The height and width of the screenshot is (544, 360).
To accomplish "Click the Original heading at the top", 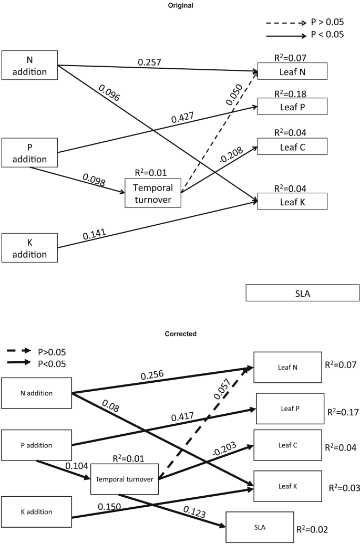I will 180,5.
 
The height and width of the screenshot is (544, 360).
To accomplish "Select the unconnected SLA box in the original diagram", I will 303,293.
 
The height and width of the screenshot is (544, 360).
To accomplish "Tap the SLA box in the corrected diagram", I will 252,527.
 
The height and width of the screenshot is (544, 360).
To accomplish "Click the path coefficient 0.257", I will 150,62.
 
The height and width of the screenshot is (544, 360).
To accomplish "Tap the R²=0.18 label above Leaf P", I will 292,94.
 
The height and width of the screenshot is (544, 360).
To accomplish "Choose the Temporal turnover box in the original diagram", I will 152,193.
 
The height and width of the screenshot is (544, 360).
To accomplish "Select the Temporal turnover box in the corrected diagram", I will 125,479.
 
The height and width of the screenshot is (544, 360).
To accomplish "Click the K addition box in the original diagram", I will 29,248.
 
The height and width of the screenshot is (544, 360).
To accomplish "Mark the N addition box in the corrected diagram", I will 36,393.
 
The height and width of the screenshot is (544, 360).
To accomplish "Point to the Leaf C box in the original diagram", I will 292,147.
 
